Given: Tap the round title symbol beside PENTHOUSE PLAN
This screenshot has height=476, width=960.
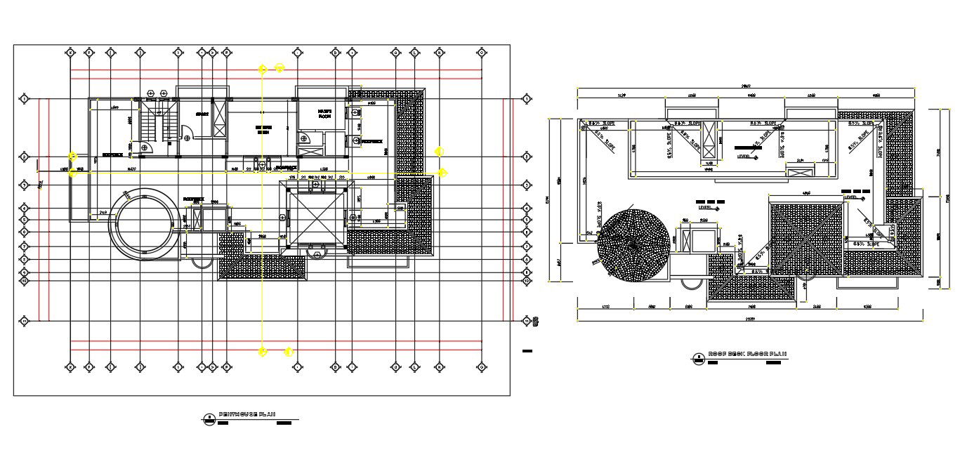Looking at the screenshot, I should click(x=209, y=420).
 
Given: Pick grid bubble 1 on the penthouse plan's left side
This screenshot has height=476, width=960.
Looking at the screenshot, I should click(x=25, y=100).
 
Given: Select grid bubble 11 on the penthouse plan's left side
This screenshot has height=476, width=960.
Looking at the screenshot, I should click(x=25, y=321).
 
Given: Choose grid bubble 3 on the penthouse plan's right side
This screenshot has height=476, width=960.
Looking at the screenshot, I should click(x=527, y=185).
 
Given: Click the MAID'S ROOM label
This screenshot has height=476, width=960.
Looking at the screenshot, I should click(x=324, y=113).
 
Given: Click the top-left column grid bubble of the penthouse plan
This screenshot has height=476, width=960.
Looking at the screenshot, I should click(x=70, y=52).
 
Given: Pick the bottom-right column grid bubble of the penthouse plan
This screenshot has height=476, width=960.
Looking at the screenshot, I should click(x=482, y=366).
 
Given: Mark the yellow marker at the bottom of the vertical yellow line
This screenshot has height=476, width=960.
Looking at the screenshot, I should click(x=263, y=351).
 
